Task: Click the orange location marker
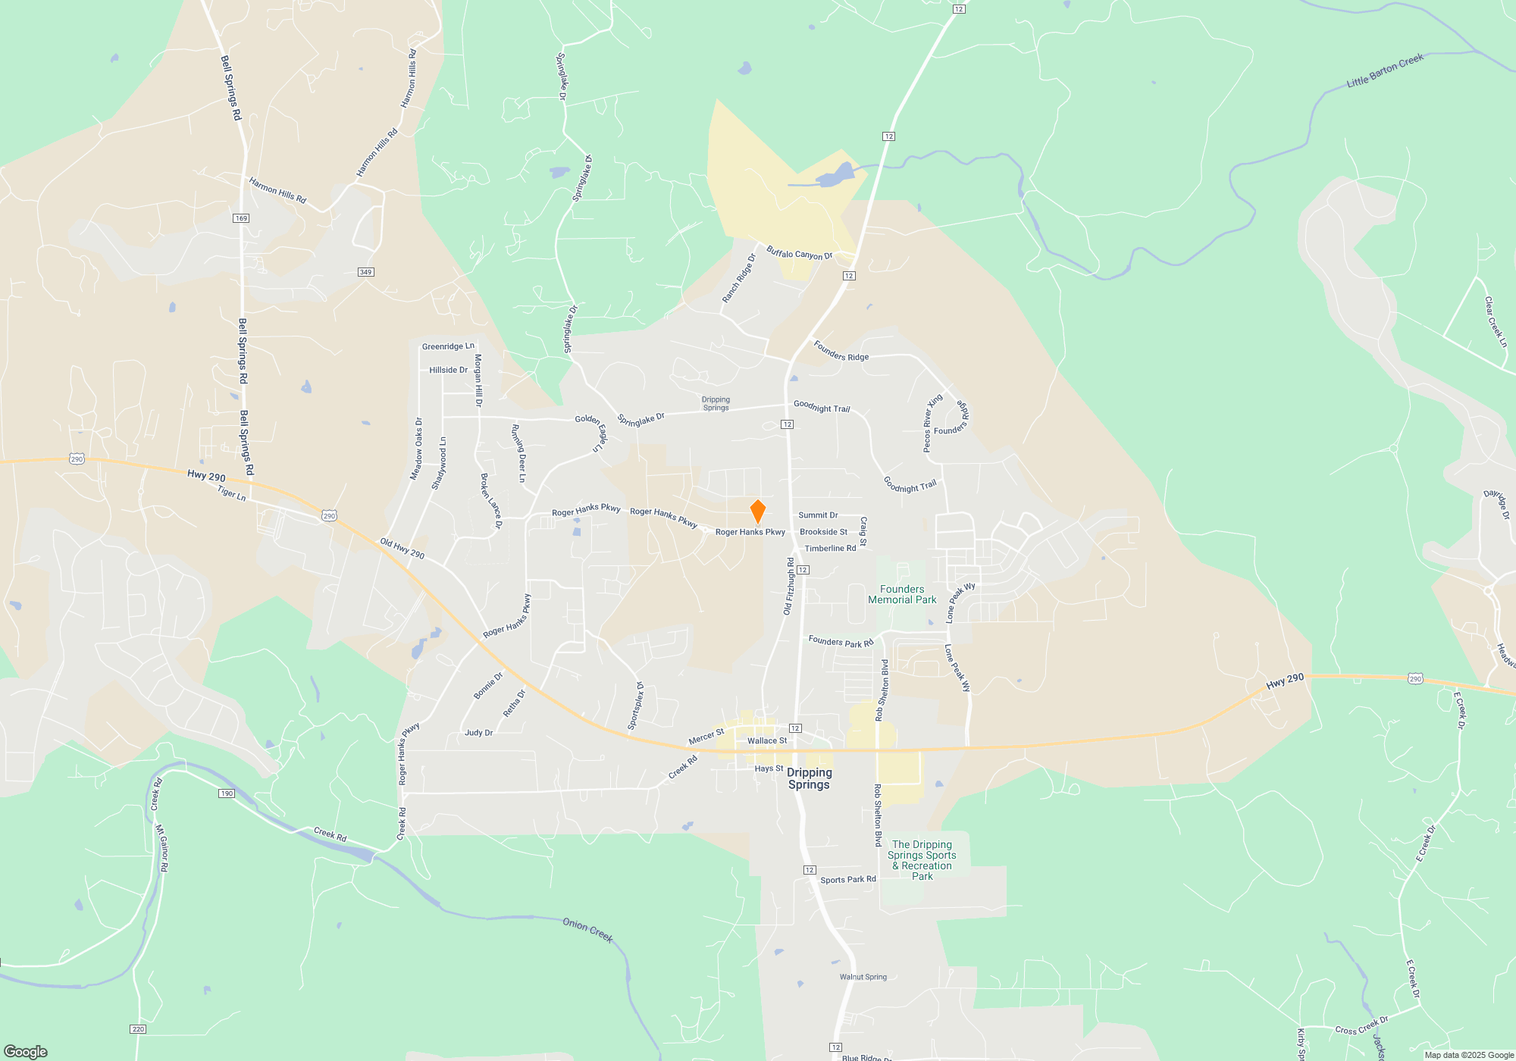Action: pos(757,512)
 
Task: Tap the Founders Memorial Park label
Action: pos(902,594)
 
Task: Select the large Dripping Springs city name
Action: pos(809,778)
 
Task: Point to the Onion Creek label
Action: pos(587,930)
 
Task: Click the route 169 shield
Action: pos(241,218)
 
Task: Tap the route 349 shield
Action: pos(366,272)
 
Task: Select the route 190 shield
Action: pos(227,793)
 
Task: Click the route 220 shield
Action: pos(138,1029)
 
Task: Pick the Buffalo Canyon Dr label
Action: pos(799,253)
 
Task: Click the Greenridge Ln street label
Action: pos(448,346)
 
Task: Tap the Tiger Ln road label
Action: pos(231,493)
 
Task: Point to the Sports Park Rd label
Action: pos(847,880)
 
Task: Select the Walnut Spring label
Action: pos(863,977)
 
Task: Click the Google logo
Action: pos(26,1051)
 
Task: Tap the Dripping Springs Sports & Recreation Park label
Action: pos(922,860)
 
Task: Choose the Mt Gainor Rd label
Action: pos(161,848)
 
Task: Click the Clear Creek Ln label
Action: pos(1495,321)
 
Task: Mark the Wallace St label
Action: pos(767,741)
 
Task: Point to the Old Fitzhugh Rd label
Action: pos(789,586)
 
